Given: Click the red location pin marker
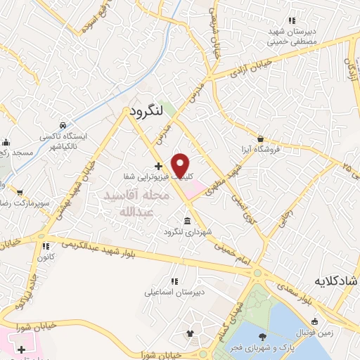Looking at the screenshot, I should pos(181,165).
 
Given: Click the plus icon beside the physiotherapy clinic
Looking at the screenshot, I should pos(158,167).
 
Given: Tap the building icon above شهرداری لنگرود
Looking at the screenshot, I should pos(186,221).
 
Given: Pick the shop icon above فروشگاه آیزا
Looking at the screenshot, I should pos(260,139).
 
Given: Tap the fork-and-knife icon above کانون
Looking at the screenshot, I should pos(46,247).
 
